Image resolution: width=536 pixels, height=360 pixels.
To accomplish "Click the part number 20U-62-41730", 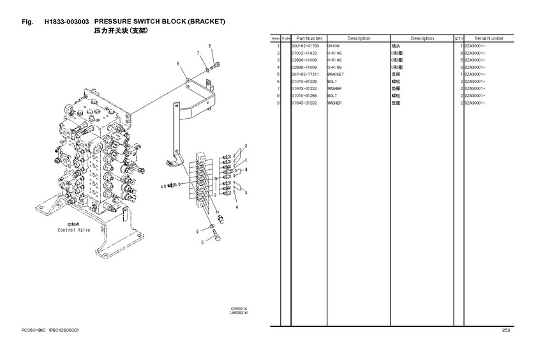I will (x=306, y=46).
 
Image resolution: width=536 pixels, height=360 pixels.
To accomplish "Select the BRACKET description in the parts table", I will (x=336, y=75).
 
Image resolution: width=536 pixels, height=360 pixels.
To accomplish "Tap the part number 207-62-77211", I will (x=305, y=75).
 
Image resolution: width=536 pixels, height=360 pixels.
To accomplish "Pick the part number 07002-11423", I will (x=305, y=53).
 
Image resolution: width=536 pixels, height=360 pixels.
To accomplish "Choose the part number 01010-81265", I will (x=305, y=96).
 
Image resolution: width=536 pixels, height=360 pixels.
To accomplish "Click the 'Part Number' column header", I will (x=309, y=38).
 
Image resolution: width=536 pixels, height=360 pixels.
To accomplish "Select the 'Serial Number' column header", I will (x=489, y=38).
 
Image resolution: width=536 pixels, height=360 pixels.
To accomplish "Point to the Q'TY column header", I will (x=458, y=38).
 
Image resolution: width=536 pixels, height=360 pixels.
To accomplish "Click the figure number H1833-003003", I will (x=66, y=22).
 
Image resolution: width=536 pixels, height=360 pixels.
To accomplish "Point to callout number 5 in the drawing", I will (x=179, y=63).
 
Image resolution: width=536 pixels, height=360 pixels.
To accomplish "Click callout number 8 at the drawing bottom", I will (x=202, y=243).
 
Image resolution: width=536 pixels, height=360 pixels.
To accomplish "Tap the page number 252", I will (x=505, y=330).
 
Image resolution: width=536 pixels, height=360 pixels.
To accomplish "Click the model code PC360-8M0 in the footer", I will (x=35, y=330).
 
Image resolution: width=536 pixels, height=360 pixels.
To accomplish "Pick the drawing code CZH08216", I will (x=239, y=309).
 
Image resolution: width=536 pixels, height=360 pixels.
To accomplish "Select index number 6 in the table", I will (x=279, y=82).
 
